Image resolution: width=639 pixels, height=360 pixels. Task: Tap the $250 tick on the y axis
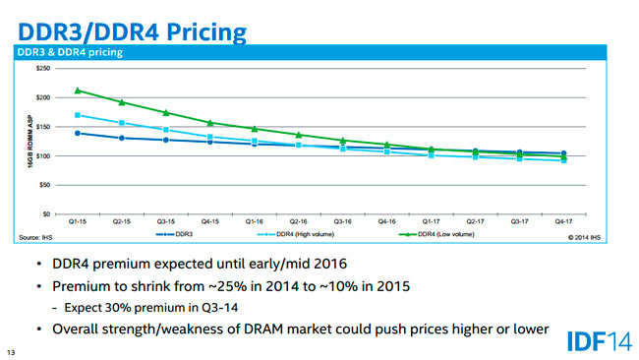pyautogui.click(x=41, y=69)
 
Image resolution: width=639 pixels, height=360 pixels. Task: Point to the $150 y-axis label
pyautogui.click(x=41, y=127)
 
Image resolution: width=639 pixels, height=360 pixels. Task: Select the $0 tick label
pyautogui.click(x=45, y=213)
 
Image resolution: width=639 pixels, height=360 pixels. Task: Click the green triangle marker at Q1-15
pyautogui.click(x=78, y=90)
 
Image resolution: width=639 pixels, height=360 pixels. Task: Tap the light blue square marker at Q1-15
pyautogui.click(x=78, y=115)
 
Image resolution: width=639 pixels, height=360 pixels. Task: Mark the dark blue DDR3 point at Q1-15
pyautogui.click(x=78, y=133)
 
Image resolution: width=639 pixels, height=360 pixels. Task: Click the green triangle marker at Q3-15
pyautogui.click(x=166, y=112)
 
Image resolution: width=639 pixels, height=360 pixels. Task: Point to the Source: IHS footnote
pyautogui.click(x=35, y=237)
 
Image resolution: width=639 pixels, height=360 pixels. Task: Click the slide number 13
pyautogui.click(x=11, y=351)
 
